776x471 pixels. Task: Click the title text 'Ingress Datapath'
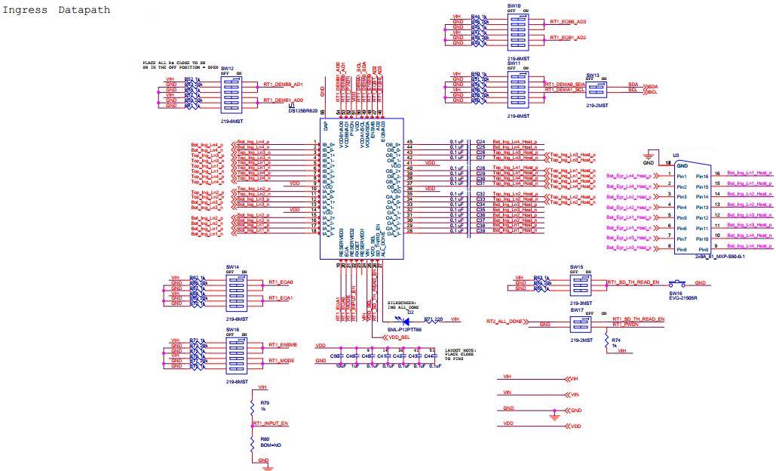pos(57,11)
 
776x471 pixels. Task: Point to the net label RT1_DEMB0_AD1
pos(283,85)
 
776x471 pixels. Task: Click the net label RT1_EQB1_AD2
pos(568,38)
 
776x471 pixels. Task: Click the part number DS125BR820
pos(304,110)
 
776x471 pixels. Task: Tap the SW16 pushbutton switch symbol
pos(676,283)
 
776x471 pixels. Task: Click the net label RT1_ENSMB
pos(282,344)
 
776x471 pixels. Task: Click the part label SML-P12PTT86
pos(404,330)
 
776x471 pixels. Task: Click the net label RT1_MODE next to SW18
pos(281,361)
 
